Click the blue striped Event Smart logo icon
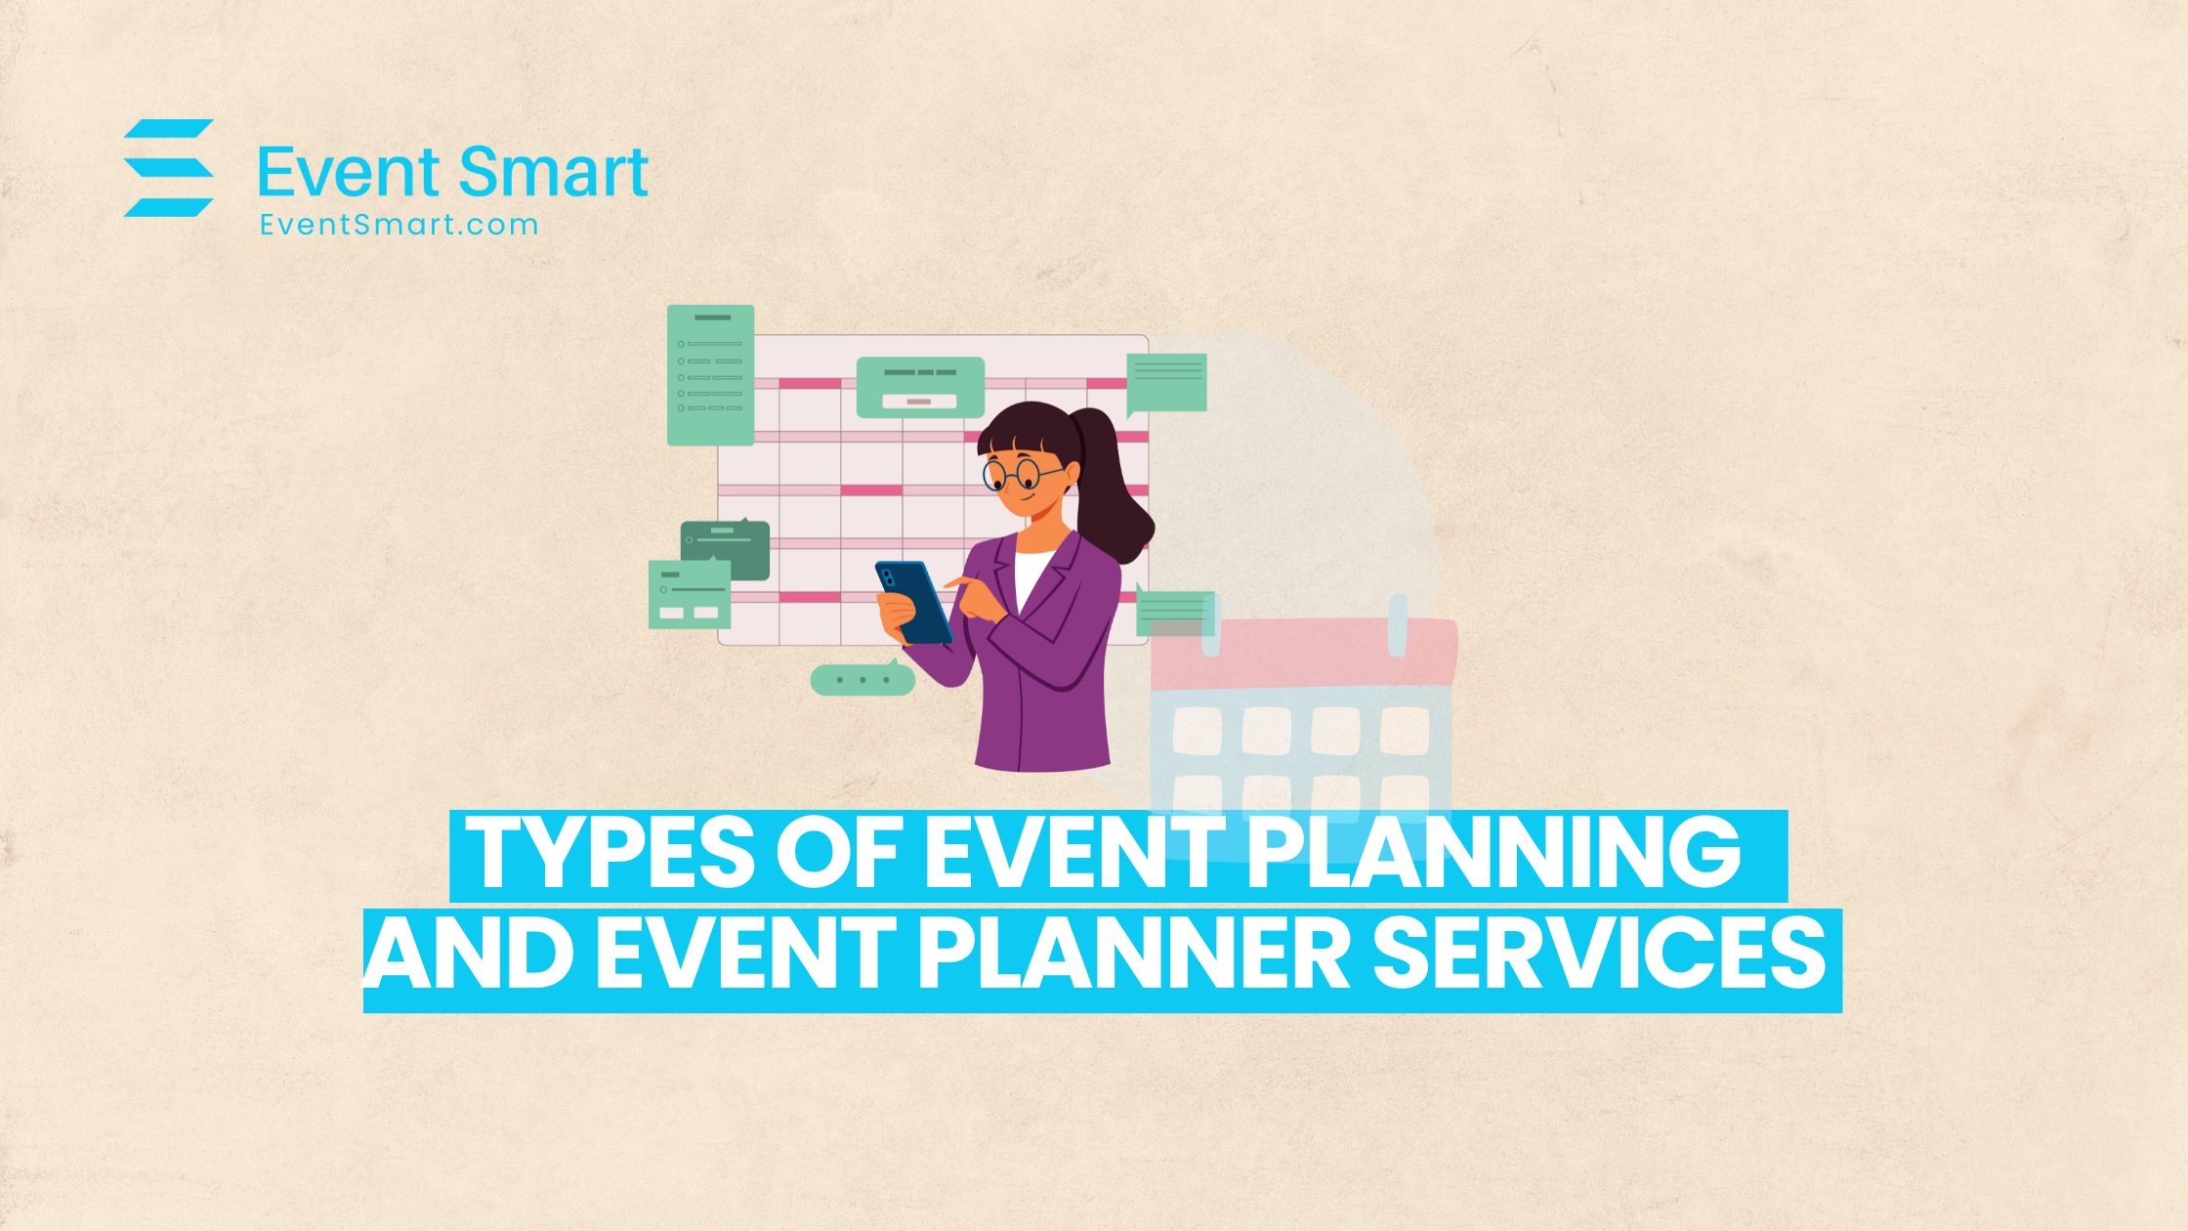pyautogui.click(x=168, y=168)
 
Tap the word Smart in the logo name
pyautogui.click(x=553, y=173)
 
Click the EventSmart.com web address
pyautogui.click(x=400, y=225)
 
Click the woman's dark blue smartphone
pyautogui.click(x=914, y=602)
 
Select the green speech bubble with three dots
pyautogui.click(x=862, y=679)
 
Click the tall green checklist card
pyautogui.click(x=710, y=375)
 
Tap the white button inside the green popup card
pyautogui.click(x=920, y=402)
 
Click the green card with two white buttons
pyautogui.click(x=690, y=595)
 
